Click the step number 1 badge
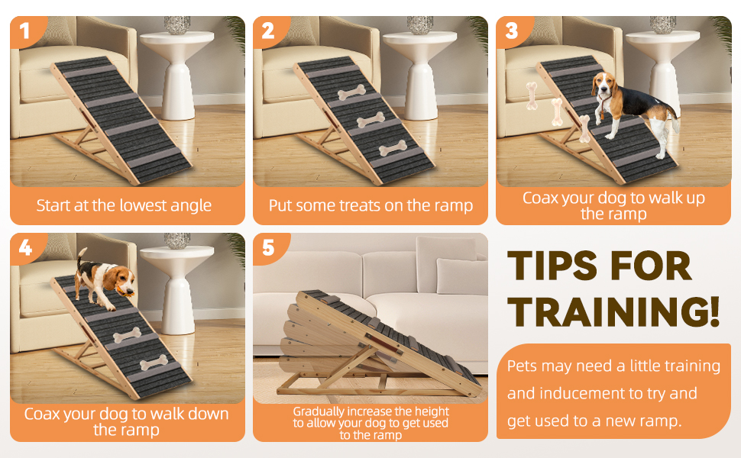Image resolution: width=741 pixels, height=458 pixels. coord(26,31)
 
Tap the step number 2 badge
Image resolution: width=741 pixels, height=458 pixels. coord(269,31)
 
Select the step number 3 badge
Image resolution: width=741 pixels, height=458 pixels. coord(512,31)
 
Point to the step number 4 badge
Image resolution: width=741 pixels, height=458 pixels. coord(26,247)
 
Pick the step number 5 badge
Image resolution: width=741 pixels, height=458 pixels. coord(269,247)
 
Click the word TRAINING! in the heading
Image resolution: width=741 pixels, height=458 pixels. coord(613,311)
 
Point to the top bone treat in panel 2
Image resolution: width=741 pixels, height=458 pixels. coord(351,92)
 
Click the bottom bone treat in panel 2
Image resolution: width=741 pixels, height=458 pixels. coord(393,148)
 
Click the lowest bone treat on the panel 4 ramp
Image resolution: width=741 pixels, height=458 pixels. coord(154,363)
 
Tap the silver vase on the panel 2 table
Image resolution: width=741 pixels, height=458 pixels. coord(420,25)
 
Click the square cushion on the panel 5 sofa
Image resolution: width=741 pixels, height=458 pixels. coord(461,276)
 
